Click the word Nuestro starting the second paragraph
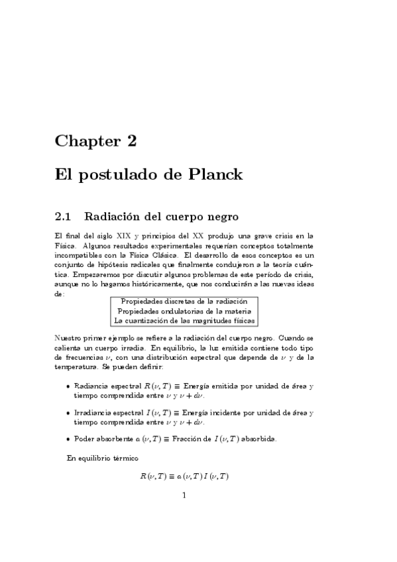tap(70, 338)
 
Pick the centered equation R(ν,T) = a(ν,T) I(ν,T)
tap(184, 477)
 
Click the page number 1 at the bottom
tap(184, 495)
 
